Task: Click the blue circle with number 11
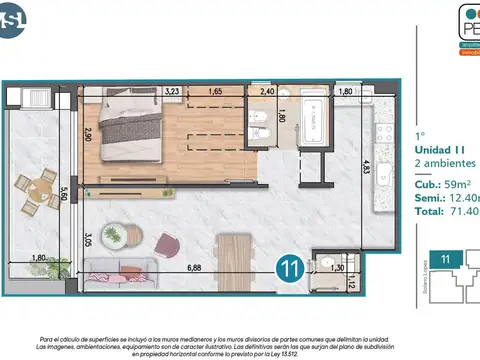pos(290,267)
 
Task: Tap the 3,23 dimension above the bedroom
pos(172,91)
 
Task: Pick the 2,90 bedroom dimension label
pos(88,134)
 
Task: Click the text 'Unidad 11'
pos(438,149)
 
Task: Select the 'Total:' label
pos(431,211)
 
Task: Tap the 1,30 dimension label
pos(337,268)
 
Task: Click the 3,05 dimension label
pos(88,239)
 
